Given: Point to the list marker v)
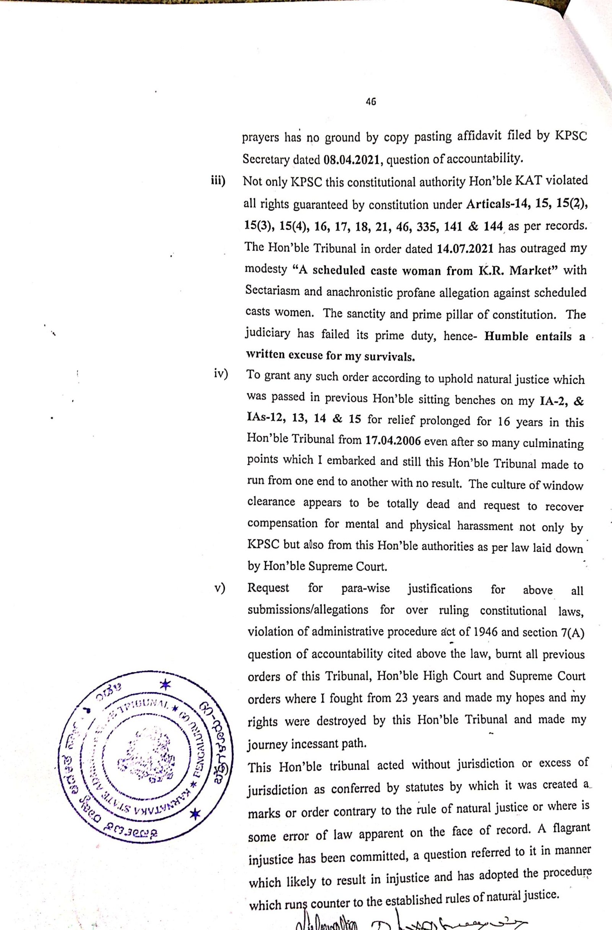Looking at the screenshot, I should (221, 588).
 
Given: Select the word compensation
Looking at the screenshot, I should (283, 524).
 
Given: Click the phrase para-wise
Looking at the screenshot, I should (365, 589).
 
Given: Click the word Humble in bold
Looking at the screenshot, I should (506, 337).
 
